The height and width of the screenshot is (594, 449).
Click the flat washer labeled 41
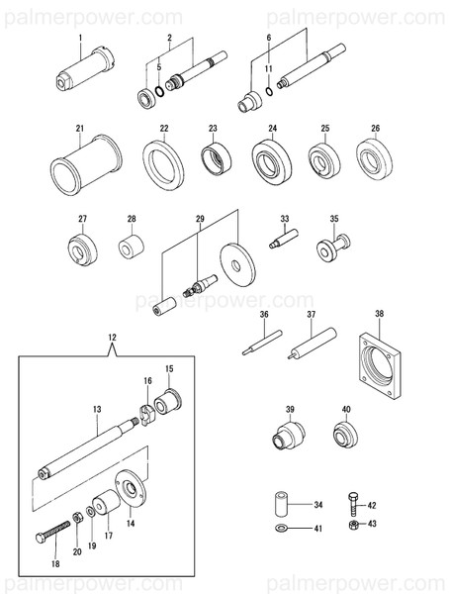282,531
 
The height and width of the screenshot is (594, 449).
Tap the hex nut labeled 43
353,525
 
